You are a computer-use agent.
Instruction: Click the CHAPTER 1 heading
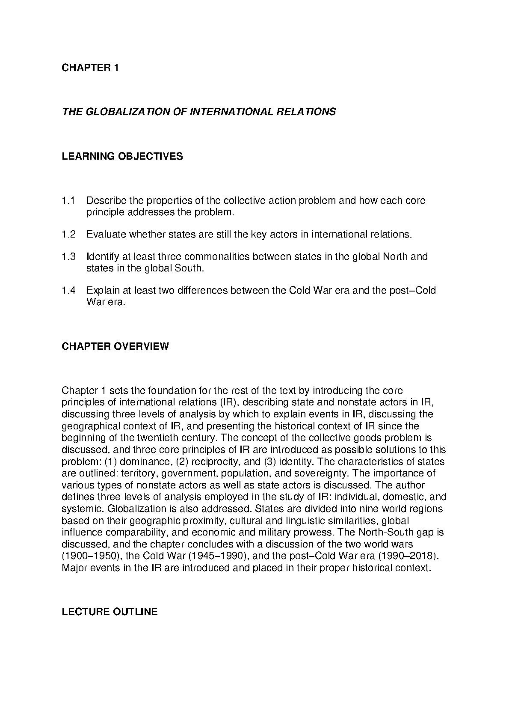90,68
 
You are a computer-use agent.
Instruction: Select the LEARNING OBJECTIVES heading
122,156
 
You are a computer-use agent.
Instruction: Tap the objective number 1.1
68,201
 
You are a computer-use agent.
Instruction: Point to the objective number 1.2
68,235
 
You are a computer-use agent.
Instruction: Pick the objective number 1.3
68,257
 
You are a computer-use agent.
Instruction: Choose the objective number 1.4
68,291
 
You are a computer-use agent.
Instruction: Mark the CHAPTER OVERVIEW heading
115,346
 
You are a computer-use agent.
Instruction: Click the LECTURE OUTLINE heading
110,612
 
